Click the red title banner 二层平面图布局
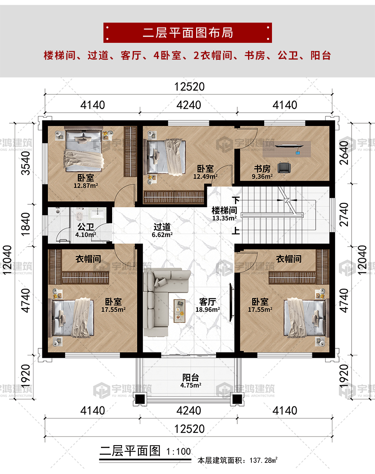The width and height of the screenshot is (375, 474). point(187,33)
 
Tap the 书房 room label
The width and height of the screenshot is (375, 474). point(262,168)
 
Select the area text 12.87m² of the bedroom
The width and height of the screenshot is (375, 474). point(86,186)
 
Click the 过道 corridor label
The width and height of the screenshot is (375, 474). point(162,227)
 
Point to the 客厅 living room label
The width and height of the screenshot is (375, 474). point(207,302)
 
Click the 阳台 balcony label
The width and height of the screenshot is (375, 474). point(190,377)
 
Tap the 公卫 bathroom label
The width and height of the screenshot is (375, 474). point(86,227)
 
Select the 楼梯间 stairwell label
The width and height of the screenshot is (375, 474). point(224,210)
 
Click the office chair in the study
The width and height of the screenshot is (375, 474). point(284,168)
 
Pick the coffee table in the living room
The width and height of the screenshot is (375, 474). point(179,311)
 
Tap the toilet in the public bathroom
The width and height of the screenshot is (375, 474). point(80,215)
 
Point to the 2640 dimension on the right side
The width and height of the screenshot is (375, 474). point(344,153)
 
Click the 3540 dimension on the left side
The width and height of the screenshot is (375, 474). point(26,163)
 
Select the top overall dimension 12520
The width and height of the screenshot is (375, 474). point(190,87)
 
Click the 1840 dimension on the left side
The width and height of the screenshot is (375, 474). point(26,224)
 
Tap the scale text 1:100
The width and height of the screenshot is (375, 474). point(178,452)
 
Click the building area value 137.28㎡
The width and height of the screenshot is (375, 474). point(263,460)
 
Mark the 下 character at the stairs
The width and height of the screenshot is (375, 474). point(236,200)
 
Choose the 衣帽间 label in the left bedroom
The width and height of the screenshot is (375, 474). point(88,259)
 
